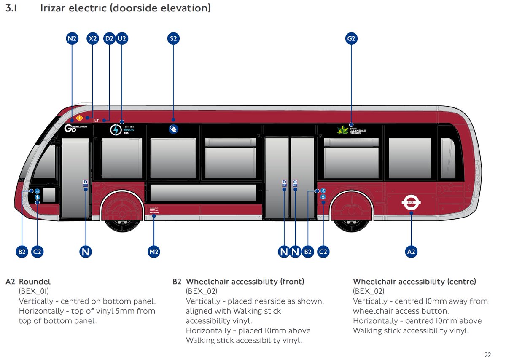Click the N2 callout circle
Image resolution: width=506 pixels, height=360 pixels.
pyautogui.click(x=73, y=39)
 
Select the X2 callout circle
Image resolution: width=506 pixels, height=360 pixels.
pyautogui.click(x=93, y=39)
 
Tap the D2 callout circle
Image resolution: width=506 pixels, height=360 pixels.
pyautogui.click(x=109, y=39)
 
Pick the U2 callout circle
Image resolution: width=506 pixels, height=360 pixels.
pyautogui.click(x=122, y=39)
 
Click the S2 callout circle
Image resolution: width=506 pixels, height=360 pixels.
pyautogui.click(x=173, y=39)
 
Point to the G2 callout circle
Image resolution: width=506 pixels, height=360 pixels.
pyautogui.click(x=351, y=39)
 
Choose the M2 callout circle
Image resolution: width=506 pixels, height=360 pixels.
pyautogui.click(x=154, y=252)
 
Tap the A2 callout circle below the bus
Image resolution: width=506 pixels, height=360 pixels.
pyautogui.click(x=411, y=252)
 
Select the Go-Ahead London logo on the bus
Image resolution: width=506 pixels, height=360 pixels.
pyautogui.click(x=75, y=128)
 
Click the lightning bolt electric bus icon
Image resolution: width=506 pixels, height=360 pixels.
pyautogui.click(x=116, y=129)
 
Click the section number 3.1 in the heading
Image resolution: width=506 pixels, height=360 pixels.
pyautogui.click(x=11, y=8)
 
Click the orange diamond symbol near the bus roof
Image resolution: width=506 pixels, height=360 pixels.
pyautogui.click(x=78, y=118)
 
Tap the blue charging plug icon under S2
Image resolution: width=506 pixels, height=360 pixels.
pyautogui.click(x=173, y=129)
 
